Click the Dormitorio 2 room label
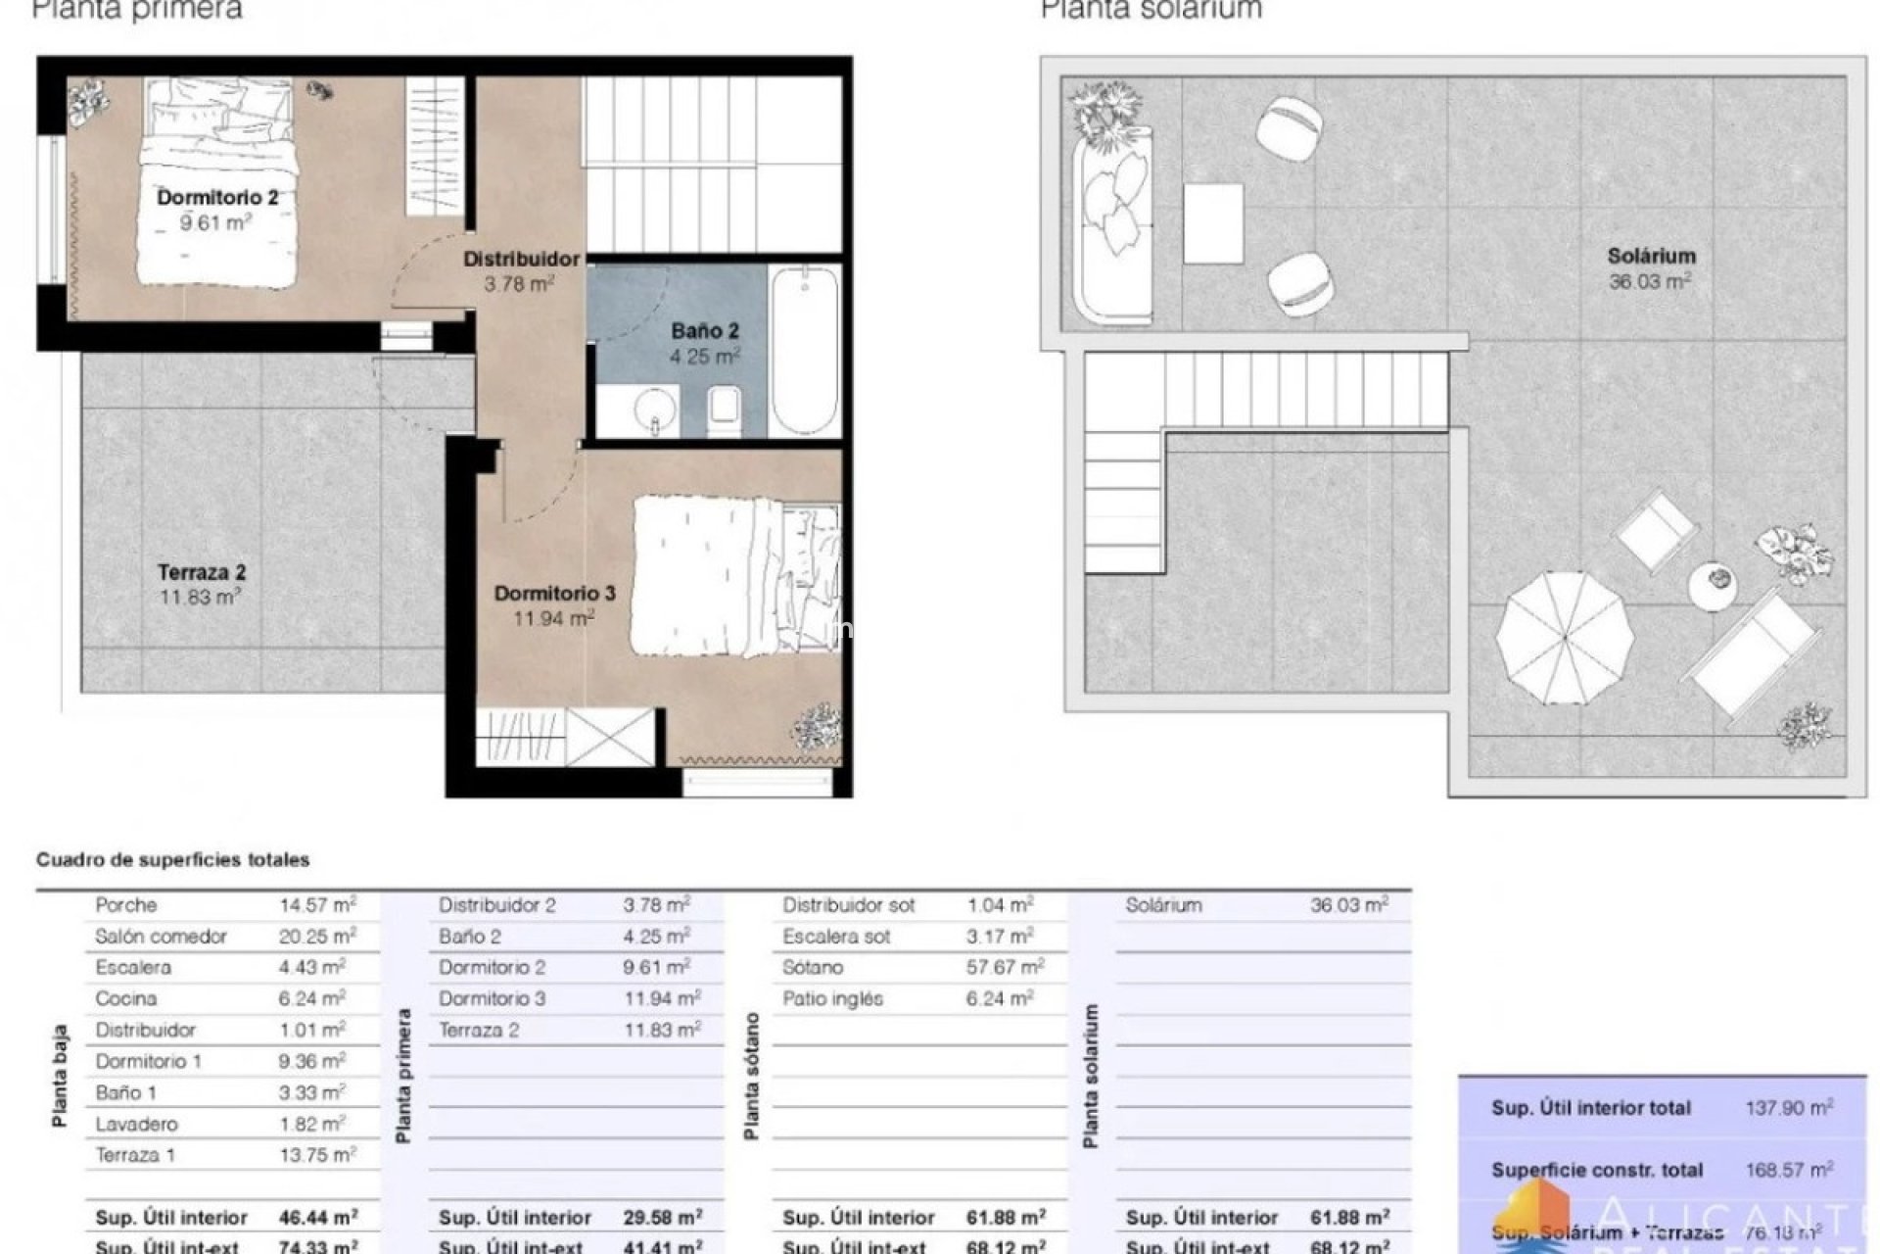(x=217, y=198)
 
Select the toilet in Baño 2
(x=724, y=409)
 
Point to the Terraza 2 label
(x=202, y=572)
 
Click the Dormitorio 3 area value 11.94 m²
(x=553, y=618)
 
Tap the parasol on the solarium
(x=1564, y=638)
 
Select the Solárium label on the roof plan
(x=1651, y=257)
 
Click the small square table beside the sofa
(x=1212, y=223)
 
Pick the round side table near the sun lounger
(x=1713, y=585)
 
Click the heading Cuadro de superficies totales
(x=172, y=860)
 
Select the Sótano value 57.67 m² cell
(x=1005, y=968)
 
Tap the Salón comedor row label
(x=161, y=937)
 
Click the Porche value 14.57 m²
(x=317, y=905)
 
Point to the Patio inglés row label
(x=832, y=999)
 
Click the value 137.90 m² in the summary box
(x=1788, y=1108)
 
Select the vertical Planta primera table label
(x=403, y=1076)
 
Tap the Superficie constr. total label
(x=1596, y=1170)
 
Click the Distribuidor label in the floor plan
(x=521, y=260)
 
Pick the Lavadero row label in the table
(x=136, y=1124)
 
